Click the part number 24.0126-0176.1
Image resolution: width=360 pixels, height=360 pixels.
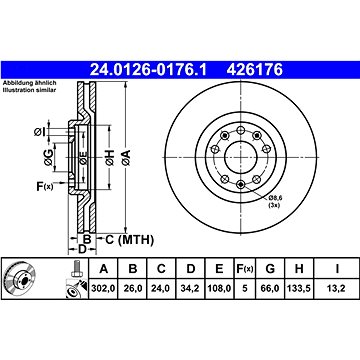[148, 70]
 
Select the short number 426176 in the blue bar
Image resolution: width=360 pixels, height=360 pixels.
[255, 70]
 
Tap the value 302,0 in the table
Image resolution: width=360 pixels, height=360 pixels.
[103, 288]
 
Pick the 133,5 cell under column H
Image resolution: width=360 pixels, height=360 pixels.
[299, 288]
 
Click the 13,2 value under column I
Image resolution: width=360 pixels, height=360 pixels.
[337, 288]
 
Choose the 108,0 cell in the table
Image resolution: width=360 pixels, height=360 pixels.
[219, 288]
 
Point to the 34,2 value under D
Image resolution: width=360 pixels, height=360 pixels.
[191, 288]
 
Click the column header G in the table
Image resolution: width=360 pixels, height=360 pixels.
[270, 269]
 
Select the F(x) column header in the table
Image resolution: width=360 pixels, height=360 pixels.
[245, 269]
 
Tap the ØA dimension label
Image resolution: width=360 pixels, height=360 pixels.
[126, 157]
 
